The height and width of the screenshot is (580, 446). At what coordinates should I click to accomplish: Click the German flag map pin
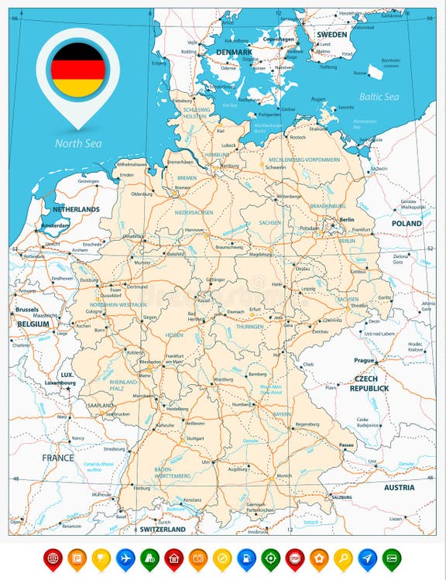(77, 70)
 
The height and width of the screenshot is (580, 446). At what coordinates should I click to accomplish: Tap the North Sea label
(77, 142)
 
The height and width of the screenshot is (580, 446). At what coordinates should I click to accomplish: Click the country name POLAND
(407, 223)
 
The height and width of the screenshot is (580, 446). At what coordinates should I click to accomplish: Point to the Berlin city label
(345, 219)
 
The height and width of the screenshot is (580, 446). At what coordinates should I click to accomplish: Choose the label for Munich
(284, 475)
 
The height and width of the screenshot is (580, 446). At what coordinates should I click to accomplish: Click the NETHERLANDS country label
(76, 209)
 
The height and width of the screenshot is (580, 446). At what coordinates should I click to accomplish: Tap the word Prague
(364, 360)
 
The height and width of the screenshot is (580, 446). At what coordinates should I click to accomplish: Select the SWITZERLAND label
(162, 529)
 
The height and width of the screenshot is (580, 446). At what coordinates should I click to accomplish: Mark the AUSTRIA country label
(399, 488)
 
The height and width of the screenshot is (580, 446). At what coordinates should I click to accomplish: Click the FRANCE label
(58, 458)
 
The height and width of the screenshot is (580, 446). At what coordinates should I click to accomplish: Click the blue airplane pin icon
(125, 558)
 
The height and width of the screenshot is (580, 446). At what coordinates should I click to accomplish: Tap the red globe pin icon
(53, 558)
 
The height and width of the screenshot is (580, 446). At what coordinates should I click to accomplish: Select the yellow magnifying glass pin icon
(342, 558)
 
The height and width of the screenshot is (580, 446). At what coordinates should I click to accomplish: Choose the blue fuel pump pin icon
(245, 558)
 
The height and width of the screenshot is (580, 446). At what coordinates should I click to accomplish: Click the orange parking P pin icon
(77, 558)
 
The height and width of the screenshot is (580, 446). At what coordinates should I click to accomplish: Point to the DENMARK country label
(234, 52)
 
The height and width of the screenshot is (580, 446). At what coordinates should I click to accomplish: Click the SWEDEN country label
(332, 35)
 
